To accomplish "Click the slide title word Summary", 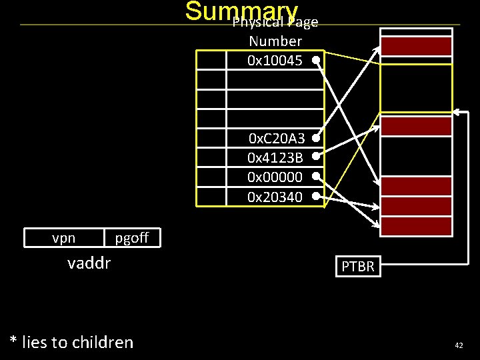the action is pyautogui.click(x=241, y=11).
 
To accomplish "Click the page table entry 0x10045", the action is pyautogui.click(x=275, y=61).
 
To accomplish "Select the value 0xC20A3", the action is pyautogui.click(x=276, y=139).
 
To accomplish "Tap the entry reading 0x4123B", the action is pyautogui.click(x=275, y=158).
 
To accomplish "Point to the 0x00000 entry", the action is pyautogui.click(x=275, y=177).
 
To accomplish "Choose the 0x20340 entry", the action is pyautogui.click(x=275, y=197).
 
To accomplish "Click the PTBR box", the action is pyautogui.click(x=358, y=267).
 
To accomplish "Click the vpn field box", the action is pyautogui.click(x=64, y=237).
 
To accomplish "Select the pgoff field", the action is pyautogui.click(x=131, y=237).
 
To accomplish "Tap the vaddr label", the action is pyautogui.click(x=89, y=263).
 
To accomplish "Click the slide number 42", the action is pyautogui.click(x=458, y=345).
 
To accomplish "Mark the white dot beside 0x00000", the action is pyautogui.click(x=314, y=177).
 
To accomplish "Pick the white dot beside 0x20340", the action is pyautogui.click(x=314, y=196).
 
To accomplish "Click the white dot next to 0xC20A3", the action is pyautogui.click(x=314, y=137).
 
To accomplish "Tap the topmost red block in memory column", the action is pyautogui.click(x=416, y=46).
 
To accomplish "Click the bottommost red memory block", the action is pyautogui.click(x=416, y=227).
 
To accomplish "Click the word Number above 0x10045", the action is pyautogui.click(x=275, y=41).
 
